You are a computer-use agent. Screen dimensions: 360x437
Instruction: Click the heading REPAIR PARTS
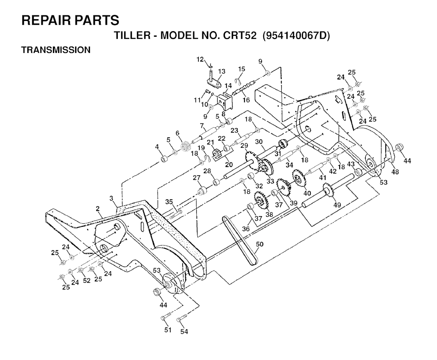70,20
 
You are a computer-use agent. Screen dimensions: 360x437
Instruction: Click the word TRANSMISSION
56,50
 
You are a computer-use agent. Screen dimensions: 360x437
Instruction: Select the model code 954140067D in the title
297,35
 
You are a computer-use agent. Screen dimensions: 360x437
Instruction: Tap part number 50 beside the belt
259,244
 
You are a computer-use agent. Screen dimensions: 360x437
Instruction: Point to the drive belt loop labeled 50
239,239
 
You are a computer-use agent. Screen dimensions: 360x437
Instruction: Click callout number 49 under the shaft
337,205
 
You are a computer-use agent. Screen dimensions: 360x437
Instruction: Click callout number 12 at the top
200,59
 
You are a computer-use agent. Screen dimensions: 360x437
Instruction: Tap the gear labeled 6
185,147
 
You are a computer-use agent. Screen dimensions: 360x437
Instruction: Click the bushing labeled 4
163,159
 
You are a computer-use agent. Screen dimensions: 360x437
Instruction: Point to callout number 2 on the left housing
98,209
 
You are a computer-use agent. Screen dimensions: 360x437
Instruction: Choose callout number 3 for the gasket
112,198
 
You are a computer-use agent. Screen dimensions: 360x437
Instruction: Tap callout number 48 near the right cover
395,171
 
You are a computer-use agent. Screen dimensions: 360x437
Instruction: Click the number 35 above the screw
169,202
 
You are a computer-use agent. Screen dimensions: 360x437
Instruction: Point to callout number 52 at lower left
87,280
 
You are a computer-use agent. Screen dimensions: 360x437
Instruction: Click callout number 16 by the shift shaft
246,100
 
